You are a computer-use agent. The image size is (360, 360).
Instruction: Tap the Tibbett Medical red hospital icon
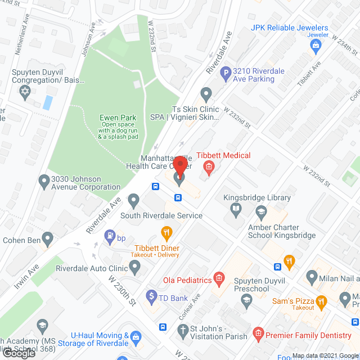click(x=209, y=167)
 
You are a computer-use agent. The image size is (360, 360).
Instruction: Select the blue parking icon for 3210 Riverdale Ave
click(x=226, y=72)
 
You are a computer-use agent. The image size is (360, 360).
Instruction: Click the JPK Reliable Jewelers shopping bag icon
click(x=317, y=43)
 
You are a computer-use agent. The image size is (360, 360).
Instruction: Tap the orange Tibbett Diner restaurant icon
click(x=166, y=232)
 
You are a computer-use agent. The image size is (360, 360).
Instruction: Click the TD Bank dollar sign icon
click(x=151, y=295)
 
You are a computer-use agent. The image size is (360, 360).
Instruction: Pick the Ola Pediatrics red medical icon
click(x=219, y=280)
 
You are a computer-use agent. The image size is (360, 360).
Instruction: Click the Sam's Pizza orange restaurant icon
click(x=321, y=301)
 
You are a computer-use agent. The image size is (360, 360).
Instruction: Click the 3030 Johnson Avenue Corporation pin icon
click(x=43, y=181)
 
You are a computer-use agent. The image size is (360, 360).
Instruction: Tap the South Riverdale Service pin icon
click(x=133, y=200)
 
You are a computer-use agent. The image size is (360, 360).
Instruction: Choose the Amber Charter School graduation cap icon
click(x=261, y=212)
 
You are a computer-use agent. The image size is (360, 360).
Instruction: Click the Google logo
click(x=19, y=353)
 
